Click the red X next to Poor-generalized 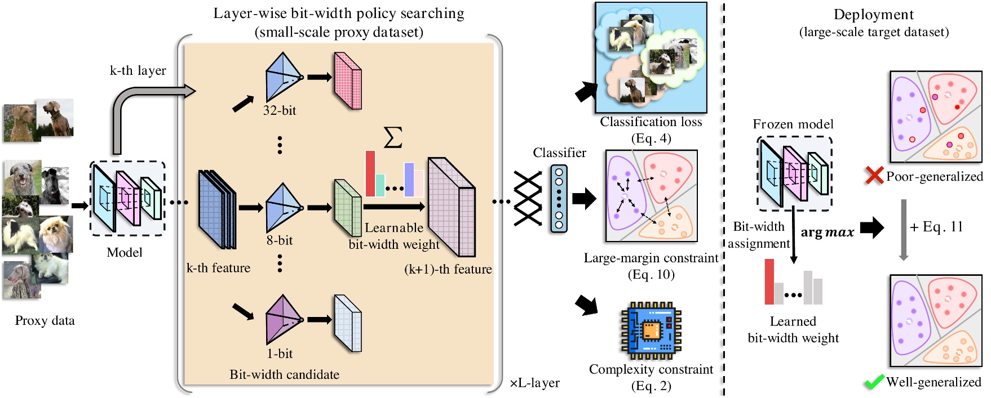tap(874, 176)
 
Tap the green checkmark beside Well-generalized tap(874, 382)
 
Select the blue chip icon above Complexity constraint tap(651, 331)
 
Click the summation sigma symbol tap(393, 137)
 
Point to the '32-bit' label tap(280, 110)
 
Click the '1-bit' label tap(280, 354)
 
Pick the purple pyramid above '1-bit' tap(283, 319)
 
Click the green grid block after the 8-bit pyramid tap(347, 208)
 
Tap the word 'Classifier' tap(559, 153)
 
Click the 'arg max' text tap(827, 232)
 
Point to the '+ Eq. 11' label tap(936, 227)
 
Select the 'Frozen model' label tap(793, 124)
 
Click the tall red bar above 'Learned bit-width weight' tap(769, 281)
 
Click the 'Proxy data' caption tap(45, 320)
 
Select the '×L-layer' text tap(534, 383)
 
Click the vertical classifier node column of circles tap(559, 199)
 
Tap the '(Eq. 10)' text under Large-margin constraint tap(651, 274)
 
